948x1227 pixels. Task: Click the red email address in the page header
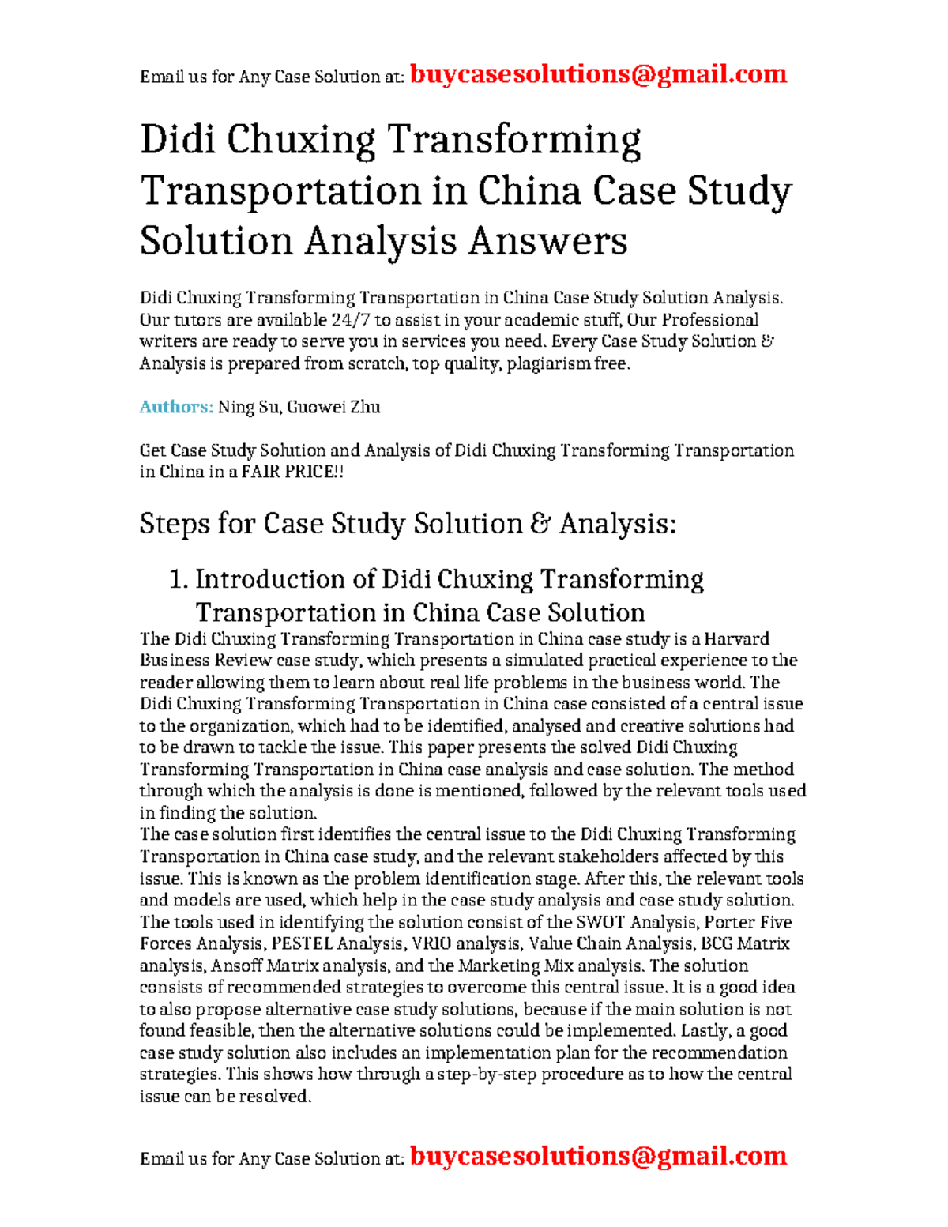[x=598, y=74]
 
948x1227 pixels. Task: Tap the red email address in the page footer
[x=598, y=1156]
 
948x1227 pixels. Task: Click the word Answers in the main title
[x=547, y=241]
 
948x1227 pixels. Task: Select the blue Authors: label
[x=176, y=407]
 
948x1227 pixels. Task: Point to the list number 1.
[x=178, y=579]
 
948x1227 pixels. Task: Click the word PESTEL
[x=302, y=943]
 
